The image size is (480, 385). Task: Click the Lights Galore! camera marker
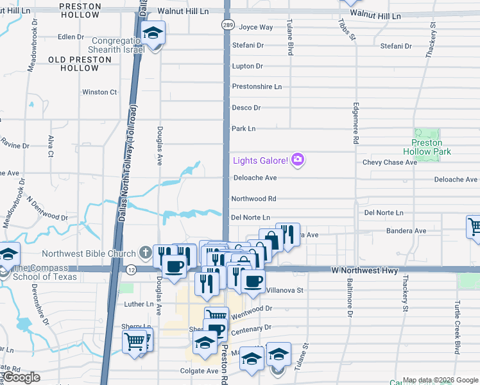click(x=297, y=159)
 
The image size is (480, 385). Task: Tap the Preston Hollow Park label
click(x=427, y=147)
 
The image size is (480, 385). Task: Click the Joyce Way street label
click(x=255, y=28)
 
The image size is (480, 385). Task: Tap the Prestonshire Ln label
click(x=257, y=87)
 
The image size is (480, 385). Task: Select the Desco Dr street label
click(x=246, y=108)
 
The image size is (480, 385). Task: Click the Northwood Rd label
click(x=253, y=199)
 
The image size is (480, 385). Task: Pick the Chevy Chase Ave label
click(x=390, y=162)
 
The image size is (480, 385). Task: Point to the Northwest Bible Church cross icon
click(x=146, y=253)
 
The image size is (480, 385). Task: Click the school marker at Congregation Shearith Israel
click(x=153, y=33)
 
